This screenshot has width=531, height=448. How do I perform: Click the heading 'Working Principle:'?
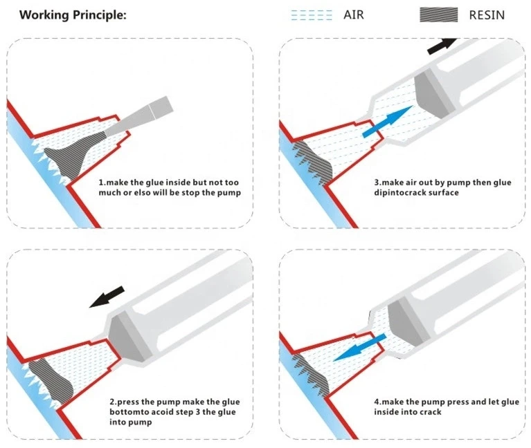coord(73,15)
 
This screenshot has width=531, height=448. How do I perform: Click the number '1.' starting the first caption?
coord(101,183)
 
